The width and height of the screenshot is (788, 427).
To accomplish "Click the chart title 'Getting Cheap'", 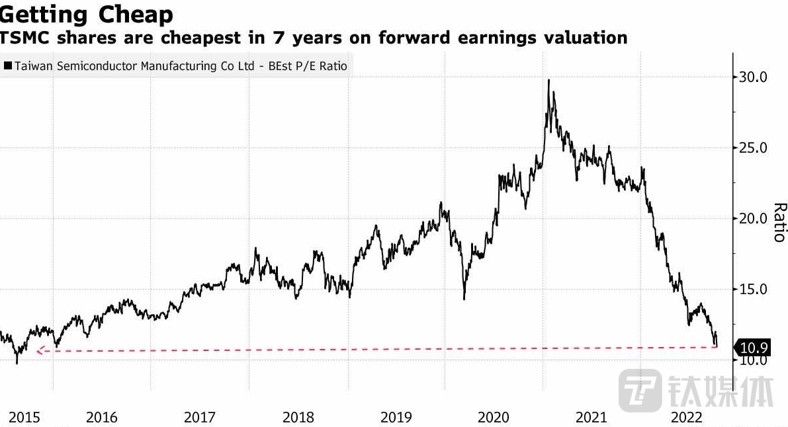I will click(x=87, y=14).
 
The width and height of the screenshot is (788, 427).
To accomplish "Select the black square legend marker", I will click(x=7, y=66).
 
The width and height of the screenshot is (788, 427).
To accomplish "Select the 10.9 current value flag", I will click(x=754, y=347).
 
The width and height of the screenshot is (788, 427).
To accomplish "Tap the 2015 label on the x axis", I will click(x=24, y=418).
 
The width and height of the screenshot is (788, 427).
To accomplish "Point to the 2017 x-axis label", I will click(x=199, y=418).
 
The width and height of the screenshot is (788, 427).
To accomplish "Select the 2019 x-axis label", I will click(x=396, y=418).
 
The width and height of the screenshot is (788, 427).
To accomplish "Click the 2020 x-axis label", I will click(x=494, y=418).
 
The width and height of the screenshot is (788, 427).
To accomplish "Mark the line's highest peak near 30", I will click(x=548, y=81).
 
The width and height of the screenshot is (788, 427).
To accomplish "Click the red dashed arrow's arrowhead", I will click(x=39, y=351).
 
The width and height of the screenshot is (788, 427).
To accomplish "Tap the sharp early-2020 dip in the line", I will click(x=464, y=298).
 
